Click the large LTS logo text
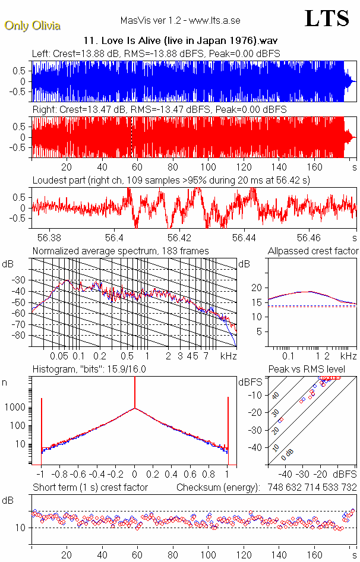click(326, 18)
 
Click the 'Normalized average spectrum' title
click(121, 251)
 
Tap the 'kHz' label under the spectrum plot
click(228, 356)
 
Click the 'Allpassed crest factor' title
click(313, 251)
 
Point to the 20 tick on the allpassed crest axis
click(257, 288)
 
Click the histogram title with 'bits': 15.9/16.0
click(89, 370)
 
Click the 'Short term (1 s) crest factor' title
click(90, 488)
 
